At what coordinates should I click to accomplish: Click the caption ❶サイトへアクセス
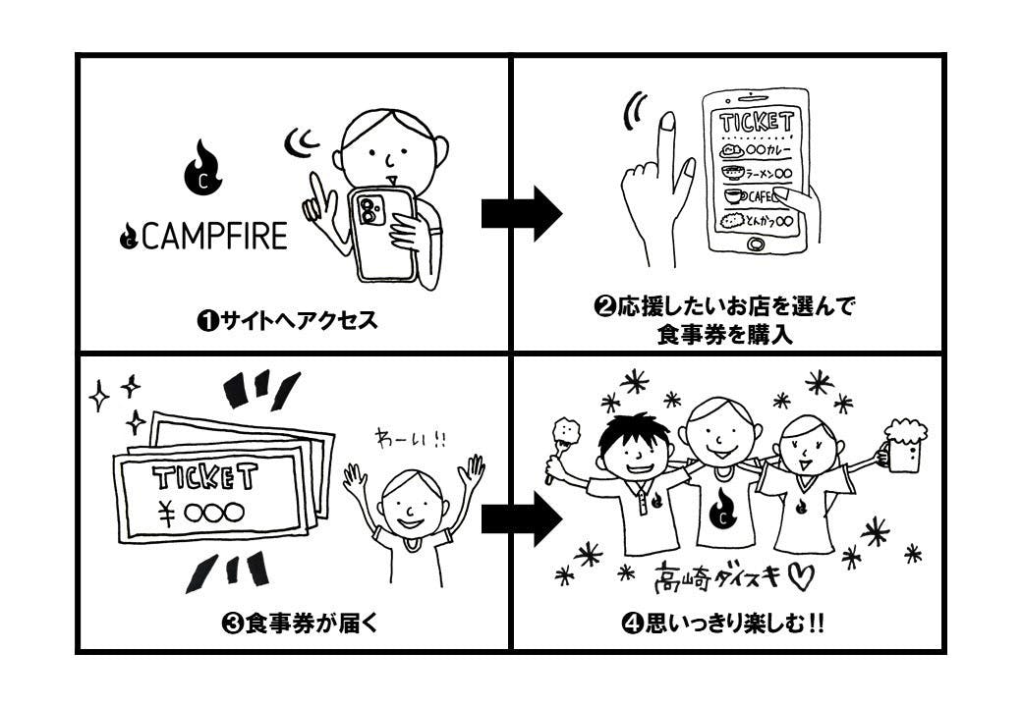(x=287, y=321)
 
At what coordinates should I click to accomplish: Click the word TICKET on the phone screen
(x=756, y=124)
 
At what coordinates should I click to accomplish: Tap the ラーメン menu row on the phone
(x=756, y=174)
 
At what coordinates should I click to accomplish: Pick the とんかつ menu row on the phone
(x=756, y=221)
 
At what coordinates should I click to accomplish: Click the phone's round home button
(x=755, y=245)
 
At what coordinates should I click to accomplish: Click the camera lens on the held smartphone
(x=370, y=212)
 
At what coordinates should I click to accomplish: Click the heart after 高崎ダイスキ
(x=801, y=578)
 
